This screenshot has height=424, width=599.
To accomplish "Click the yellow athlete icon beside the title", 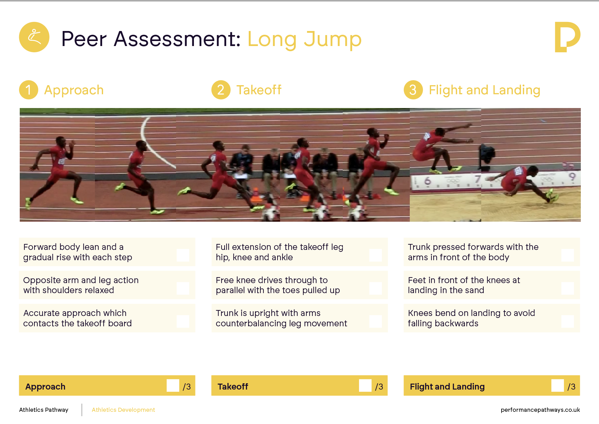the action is tap(34, 37).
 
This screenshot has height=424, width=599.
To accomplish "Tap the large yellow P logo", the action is tap(567, 37).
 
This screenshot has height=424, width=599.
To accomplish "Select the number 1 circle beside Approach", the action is tap(29, 90).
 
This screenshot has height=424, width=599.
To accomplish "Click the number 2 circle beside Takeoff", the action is tap(221, 90).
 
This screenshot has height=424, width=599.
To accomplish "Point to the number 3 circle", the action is tap(413, 90).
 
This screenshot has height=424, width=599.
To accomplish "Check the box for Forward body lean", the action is tap(183, 255).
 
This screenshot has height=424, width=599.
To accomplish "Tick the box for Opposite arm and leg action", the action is tap(183, 288).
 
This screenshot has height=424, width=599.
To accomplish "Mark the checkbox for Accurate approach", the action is tap(183, 321).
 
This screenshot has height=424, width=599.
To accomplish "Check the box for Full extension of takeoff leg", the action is tap(375, 255).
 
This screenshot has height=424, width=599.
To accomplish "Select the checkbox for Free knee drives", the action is tap(375, 288).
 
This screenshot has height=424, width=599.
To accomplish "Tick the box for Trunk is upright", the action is tap(375, 321).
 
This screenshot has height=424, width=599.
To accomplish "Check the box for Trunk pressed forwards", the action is tap(568, 255).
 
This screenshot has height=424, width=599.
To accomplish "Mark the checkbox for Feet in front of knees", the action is tap(568, 288).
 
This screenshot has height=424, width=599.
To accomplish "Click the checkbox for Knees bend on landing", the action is tap(568, 321).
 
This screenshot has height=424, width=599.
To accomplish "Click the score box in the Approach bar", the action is tap(173, 385).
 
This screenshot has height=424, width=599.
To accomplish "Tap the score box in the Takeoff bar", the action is tap(365, 385).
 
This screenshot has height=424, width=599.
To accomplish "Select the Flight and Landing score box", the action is tap(558, 385).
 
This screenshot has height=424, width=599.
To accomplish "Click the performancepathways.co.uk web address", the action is tap(540, 410).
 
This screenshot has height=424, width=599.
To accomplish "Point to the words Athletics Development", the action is tap(123, 410).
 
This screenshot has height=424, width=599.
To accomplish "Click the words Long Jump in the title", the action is tap(305, 40).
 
